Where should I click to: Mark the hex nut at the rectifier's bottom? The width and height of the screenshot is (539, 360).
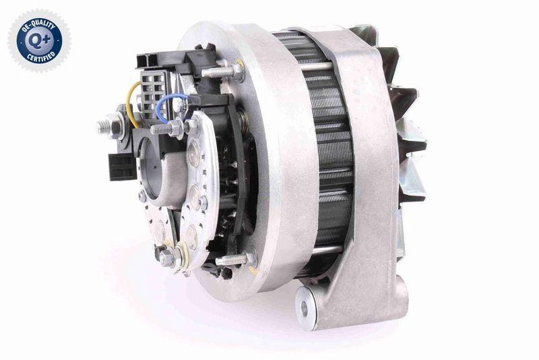[x=165, y=256]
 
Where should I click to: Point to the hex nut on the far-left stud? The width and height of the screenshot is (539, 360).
[x=117, y=125]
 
